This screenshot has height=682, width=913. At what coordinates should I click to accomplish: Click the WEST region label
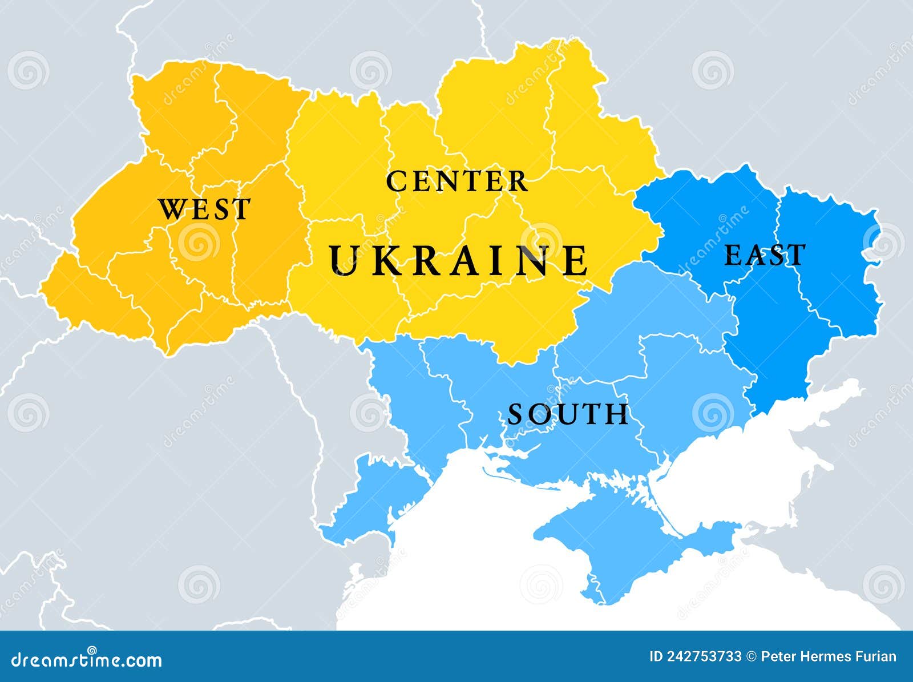pos(204,209)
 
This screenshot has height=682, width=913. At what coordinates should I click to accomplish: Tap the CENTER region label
pos(457,181)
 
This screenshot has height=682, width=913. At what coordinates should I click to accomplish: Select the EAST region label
pos(765,255)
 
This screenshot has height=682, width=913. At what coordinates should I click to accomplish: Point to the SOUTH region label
pos(568,414)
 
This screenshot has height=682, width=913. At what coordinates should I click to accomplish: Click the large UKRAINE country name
pos(459,260)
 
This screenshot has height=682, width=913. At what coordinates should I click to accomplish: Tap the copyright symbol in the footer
pos(751,656)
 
